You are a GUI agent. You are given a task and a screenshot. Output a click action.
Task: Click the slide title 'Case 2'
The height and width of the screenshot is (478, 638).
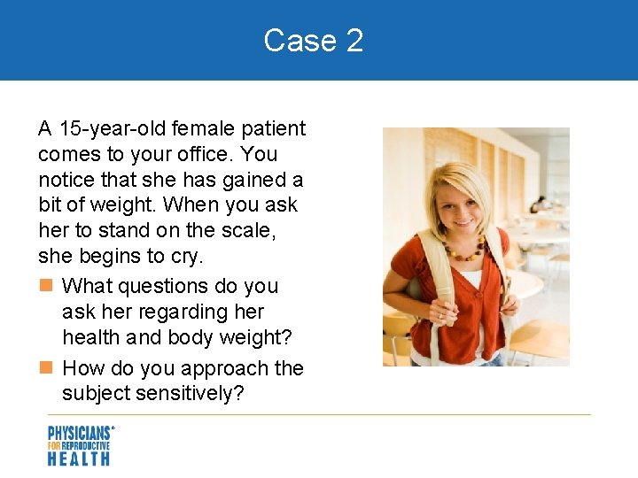[x=314, y=41]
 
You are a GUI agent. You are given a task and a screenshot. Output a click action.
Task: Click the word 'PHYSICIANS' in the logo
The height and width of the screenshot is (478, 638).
[x=79, y=433]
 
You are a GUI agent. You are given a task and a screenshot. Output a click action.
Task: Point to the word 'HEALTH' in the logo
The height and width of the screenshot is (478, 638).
[x=79, y=458]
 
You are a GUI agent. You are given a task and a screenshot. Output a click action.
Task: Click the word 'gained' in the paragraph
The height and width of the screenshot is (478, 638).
[x=257, y=181]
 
